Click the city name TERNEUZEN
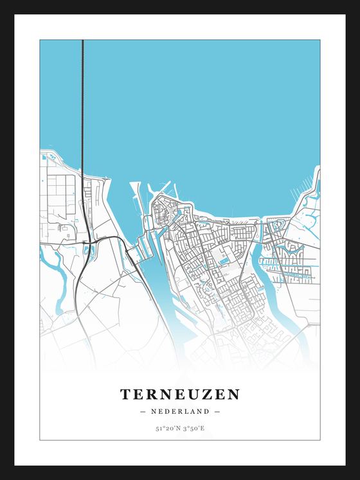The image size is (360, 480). point(179,394)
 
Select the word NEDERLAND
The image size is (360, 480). point(179,411)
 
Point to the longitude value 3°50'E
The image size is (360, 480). point(192,428)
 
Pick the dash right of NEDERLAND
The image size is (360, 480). point(217,411)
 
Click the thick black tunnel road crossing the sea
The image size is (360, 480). point(83,103)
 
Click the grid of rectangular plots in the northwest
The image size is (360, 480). point(62,193)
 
